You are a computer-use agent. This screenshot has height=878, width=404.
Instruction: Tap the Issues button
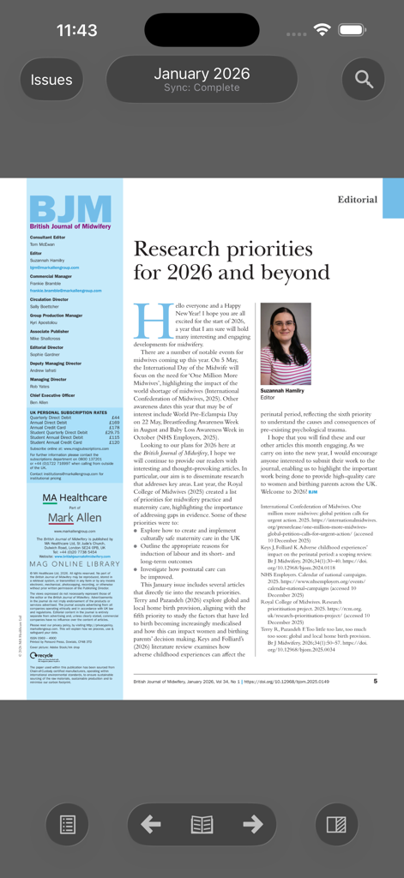tap(51, 80)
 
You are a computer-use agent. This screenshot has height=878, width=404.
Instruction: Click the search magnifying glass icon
tap(364, 80)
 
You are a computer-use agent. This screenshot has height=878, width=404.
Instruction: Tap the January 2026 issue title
tap(202, 74)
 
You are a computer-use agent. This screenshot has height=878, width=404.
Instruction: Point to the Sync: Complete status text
tap(202, 88)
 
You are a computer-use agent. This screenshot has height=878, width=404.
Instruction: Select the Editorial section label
tap(357, 199)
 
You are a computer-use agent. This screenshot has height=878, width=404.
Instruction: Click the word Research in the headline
tap(181, 250)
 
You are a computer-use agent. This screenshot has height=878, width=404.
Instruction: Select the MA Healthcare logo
tap(75, 497)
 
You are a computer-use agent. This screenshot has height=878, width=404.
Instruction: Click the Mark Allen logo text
tap(74, 519)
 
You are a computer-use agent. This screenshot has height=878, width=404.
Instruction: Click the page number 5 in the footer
tap(375, 681)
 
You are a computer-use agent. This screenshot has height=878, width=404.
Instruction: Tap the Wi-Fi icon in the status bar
tap(323, 29)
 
